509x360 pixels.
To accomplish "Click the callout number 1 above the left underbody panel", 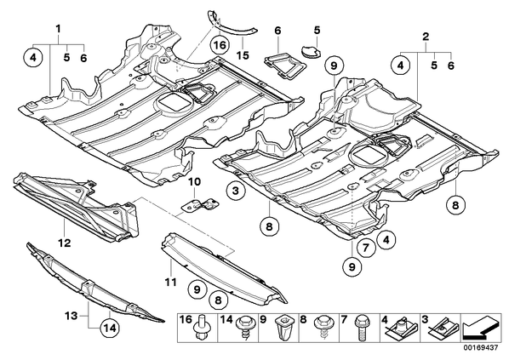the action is pos(59,29).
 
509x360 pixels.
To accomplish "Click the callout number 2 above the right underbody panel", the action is pos(426,37).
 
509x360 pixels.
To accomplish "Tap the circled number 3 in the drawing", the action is pos(235,191).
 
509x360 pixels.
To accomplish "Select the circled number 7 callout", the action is pos(365,249).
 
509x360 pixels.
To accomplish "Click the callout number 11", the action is pos(170,282).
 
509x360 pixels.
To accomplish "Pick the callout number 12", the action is pos(65,243).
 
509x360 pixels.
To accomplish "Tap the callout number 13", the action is pos(71,315).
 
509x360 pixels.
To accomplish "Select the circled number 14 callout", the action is pos(110,329).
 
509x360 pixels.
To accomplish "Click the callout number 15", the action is pos(243,55).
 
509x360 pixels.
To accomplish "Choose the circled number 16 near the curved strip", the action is pos(220,44).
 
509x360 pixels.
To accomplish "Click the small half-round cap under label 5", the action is pos(311,51).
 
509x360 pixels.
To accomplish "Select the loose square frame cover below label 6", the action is pos(285,66).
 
